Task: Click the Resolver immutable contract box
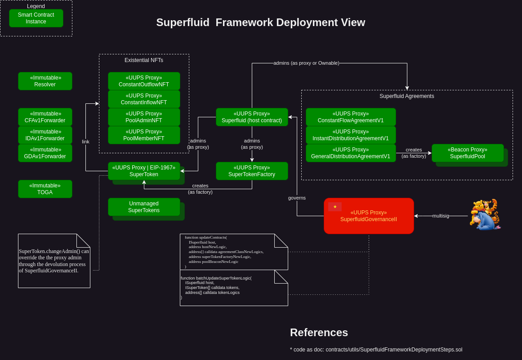tap(45, 81)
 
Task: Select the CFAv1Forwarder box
tap(45, 117)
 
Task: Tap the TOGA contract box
tap(45, 189)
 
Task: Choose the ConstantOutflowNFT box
tap(144, 81)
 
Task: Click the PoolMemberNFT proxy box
tap(144, 135)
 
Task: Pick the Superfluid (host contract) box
tap(252, 117)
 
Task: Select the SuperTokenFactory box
tap(252, 171)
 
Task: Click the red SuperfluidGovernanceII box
tap(369, 216)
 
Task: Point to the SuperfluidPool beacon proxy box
tap(468, 153)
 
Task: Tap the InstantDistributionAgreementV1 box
tap(351, 135)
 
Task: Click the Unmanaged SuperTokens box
tap(144, 207)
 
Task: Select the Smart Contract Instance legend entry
tap(36, 18)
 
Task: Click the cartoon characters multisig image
tap(485, 214)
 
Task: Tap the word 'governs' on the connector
tap(297, 198)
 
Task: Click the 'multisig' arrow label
tap(441, 216)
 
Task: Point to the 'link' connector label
tap(85, 142)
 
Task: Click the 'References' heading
tap(319, 333)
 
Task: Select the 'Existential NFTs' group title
tap(144, 60)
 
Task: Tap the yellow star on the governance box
tap(335, 206)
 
